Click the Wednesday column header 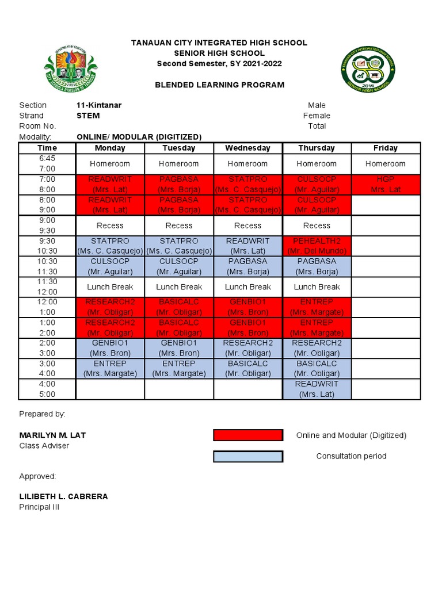[248, 148]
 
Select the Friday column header [386, 148]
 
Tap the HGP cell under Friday [386, 184]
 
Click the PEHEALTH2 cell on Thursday [317, 246]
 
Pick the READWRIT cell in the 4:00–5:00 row [317, 389]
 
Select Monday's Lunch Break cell [110, 287]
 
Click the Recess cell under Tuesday [179, 225]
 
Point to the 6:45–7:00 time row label [47, 163]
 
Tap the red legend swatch [248, 435]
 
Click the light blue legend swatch [248, 456]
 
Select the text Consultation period [351, 456]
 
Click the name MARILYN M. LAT [52, 435]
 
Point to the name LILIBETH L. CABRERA [63, 496]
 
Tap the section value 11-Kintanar [98, 105]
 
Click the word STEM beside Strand [87, 116]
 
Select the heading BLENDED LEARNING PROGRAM [219, 85]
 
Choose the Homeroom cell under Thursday [317, 163]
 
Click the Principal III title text [39, 507]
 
